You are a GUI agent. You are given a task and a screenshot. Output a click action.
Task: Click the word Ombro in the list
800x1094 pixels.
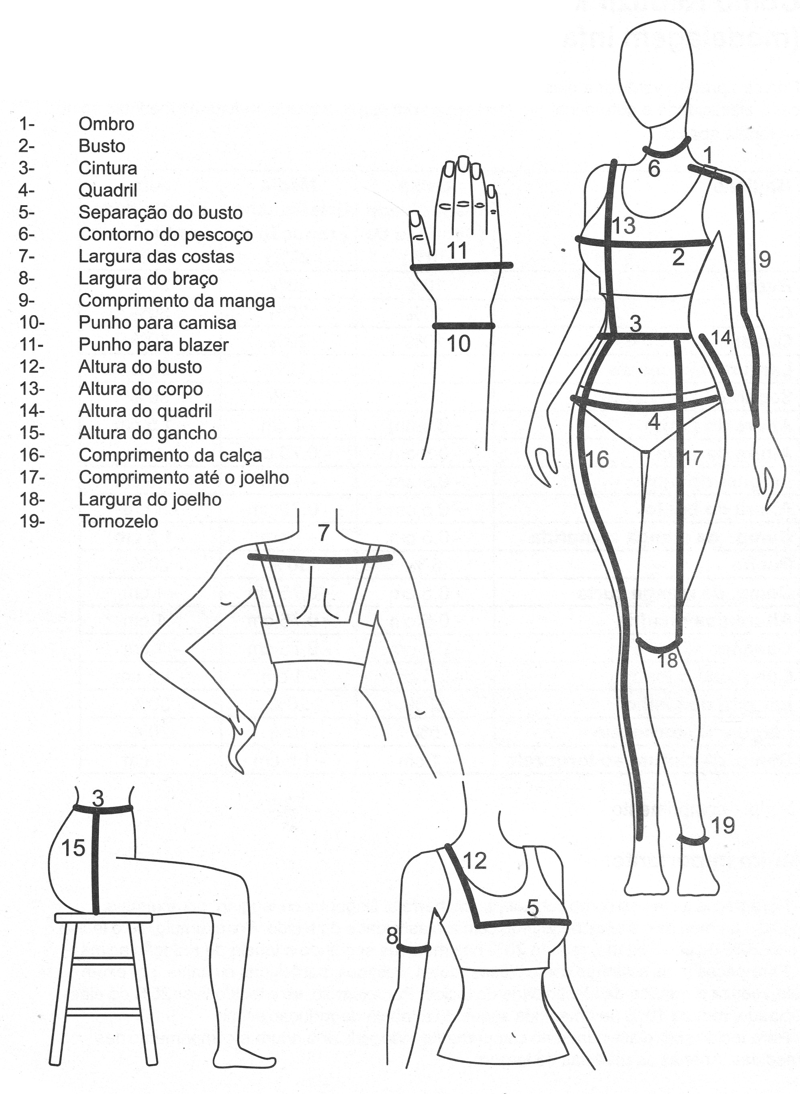pos(106,124)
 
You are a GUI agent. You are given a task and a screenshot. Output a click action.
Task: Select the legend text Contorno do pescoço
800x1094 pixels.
pos(165,235)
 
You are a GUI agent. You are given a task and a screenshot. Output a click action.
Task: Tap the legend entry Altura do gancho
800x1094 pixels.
pos(148,433)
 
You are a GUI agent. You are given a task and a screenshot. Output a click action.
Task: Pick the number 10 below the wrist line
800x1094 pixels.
pos(458,343)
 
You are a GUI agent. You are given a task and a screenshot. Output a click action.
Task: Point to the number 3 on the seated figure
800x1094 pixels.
pos(98,798)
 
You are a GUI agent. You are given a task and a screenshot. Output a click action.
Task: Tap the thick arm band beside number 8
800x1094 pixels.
pos(414,948)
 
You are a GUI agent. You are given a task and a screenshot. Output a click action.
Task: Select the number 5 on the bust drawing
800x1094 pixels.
pos(532,908)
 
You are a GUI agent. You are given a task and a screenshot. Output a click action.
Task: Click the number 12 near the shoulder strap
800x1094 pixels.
pos(475,861)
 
